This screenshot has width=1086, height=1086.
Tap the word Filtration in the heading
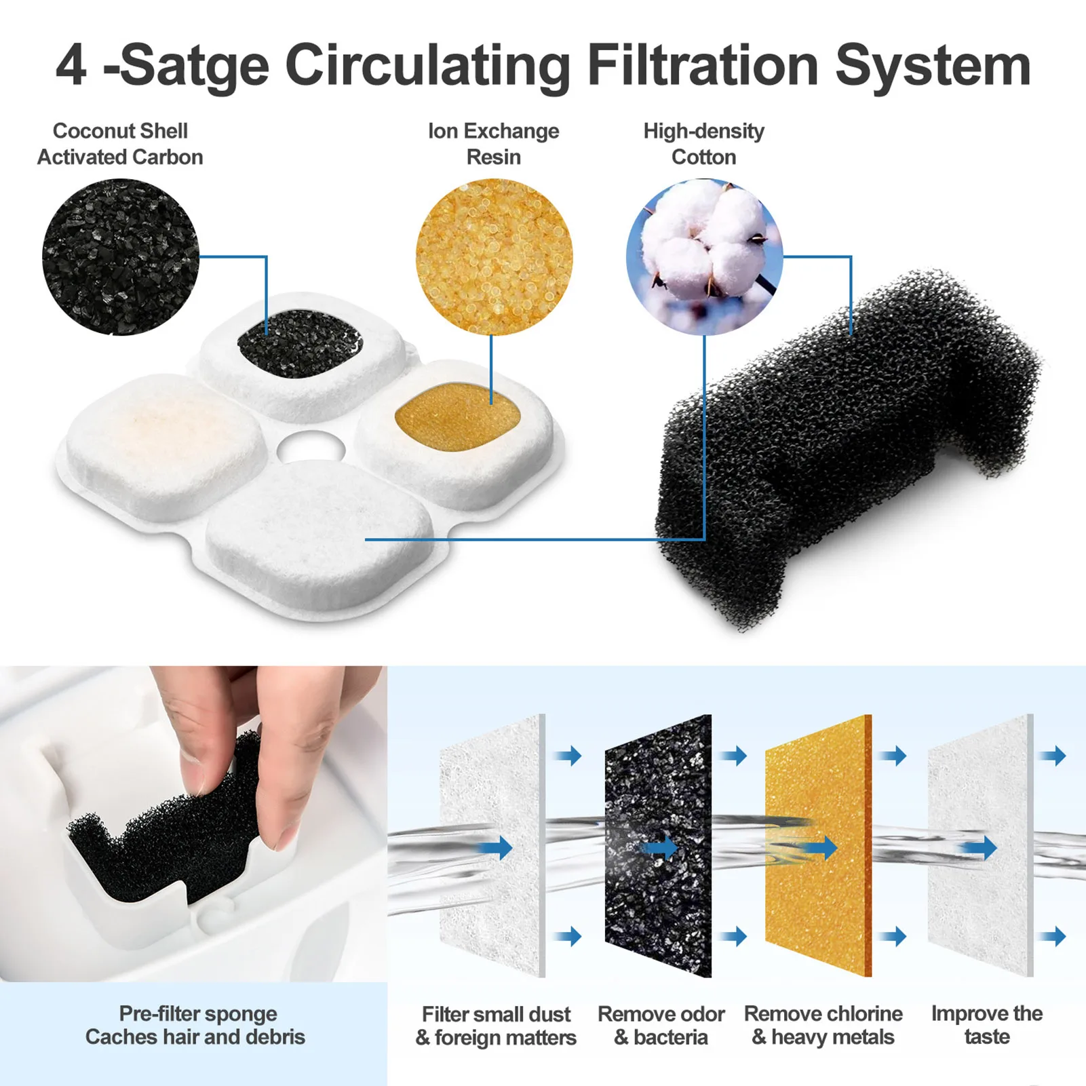click(703, 66)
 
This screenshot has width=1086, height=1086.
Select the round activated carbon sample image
click(121, 257)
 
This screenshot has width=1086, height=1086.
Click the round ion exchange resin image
click(494, 257)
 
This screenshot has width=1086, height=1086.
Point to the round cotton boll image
click(704, 257)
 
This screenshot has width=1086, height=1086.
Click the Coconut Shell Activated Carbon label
click(120, 144)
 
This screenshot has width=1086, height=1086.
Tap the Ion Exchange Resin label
click(493, 144)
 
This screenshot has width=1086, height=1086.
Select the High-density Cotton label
click(703, 144)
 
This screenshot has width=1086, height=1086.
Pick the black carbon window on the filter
click(299, 343)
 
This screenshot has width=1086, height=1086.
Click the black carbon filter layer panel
click(657, 845)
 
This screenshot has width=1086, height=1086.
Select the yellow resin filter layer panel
click(818, 845)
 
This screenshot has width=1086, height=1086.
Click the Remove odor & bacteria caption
click(661, 1025)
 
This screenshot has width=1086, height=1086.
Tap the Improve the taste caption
click(986, 1025)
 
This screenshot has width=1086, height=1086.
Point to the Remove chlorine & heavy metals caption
click(823, 1025)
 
